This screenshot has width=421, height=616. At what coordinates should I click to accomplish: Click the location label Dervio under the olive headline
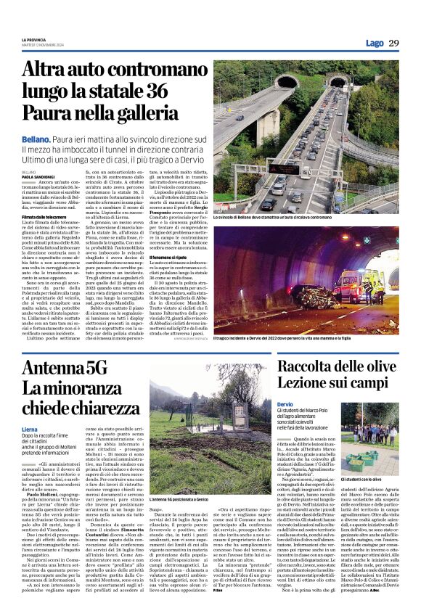[285, 403]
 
